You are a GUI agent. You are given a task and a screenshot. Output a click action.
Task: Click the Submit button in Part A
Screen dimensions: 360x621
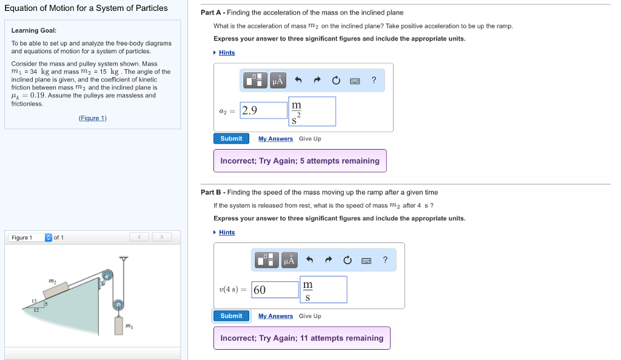pyautogui.click(x=231, y=139)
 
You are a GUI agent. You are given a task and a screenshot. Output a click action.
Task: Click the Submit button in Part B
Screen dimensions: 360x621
pyautogui.click(x=231, y=316)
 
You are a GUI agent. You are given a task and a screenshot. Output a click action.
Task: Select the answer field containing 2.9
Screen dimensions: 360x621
pyautogui.click(x=264, y=110)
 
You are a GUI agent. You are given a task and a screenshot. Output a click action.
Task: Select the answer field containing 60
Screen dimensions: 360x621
pyautogui.click(x=275, y=290)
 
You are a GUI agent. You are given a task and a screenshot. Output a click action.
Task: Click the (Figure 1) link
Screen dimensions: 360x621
pyautogui.click(x=92, y=118)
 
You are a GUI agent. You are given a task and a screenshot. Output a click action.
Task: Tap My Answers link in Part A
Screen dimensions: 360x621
pyautogui.click(x=275, y=139)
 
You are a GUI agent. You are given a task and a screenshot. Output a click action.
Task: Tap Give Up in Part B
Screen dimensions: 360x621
pyautogui.click(x=310, y=316)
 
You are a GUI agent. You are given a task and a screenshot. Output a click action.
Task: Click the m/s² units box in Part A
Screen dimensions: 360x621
pyautogui.click(x=312, y=112)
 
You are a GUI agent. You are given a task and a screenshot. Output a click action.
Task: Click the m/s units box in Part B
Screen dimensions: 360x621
pyautogui.click(x=323, y=290)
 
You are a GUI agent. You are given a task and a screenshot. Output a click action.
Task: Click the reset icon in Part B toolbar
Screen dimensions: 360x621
pyautogui.click(x=347, y=261)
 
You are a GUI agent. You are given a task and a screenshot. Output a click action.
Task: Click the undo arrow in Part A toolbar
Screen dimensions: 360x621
pyautogui.click(x=298, y=80)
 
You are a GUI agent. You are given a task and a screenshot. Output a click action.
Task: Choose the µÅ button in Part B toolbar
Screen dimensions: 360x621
pyautogui.click(x=289, y=261)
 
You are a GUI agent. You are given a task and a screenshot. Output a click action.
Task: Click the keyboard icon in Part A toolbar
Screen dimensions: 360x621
pyautogui.click(x=355, y=80)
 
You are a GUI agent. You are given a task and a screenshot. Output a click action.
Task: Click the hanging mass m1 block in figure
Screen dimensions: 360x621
pyautogui.click(x=119, y=326)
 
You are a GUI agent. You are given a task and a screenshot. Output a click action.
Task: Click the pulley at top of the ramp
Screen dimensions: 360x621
pyautogui.click(x=107, y=276)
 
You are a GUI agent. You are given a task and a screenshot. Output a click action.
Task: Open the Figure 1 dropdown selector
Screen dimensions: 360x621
pyautogui.click(x=49, y=237)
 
